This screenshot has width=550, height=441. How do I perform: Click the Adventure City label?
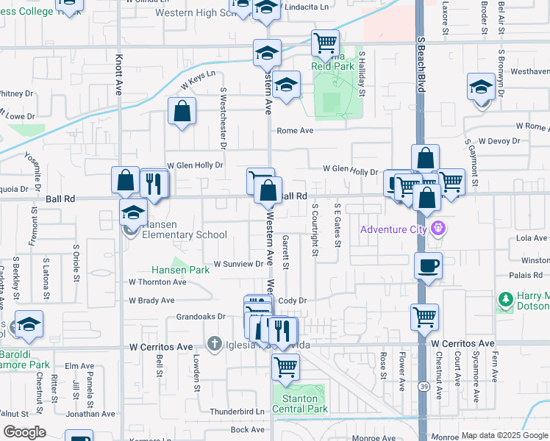pos(393,230)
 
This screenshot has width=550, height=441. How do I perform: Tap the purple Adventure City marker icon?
pos(440,228)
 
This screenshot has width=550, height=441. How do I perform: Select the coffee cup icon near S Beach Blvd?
pos(427,265)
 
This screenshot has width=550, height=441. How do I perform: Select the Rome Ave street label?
pos(295,131)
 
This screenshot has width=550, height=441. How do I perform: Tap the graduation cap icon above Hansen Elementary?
pos(133,214)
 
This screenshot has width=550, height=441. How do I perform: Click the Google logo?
pos(24,432)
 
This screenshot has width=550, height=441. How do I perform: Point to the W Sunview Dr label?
pos(238,264)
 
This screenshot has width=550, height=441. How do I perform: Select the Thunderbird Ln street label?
pos(237,412)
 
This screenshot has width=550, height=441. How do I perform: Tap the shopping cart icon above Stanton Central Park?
pos(285,365)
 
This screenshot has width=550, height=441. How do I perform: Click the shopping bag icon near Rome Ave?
pos(182,112)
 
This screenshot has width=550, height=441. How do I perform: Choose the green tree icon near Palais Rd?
pos(505,299)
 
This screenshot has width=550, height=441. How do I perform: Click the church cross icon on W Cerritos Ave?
pos(214,343)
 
